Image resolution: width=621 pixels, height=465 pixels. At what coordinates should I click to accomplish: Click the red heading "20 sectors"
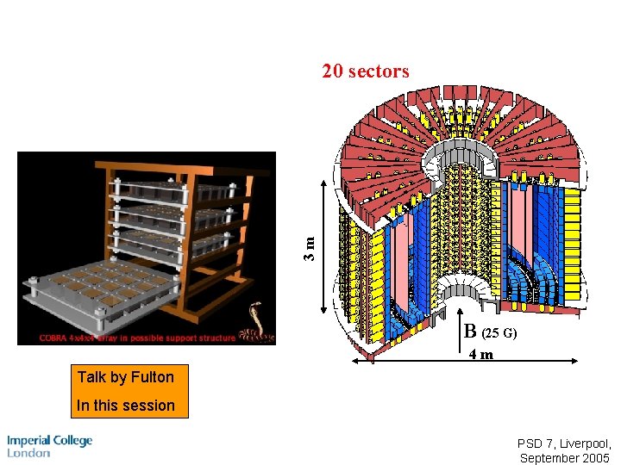366,71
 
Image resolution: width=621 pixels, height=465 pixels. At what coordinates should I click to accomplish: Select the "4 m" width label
481,354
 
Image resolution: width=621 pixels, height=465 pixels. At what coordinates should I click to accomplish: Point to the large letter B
470,331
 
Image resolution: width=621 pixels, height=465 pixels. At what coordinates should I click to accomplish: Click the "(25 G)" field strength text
499,332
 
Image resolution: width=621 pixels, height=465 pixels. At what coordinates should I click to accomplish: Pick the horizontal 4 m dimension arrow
467,361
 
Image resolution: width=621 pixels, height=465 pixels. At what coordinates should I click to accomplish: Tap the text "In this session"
126,405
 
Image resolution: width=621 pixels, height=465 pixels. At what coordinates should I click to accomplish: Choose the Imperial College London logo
49,446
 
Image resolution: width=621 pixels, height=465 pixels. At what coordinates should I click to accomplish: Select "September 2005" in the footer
565,458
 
